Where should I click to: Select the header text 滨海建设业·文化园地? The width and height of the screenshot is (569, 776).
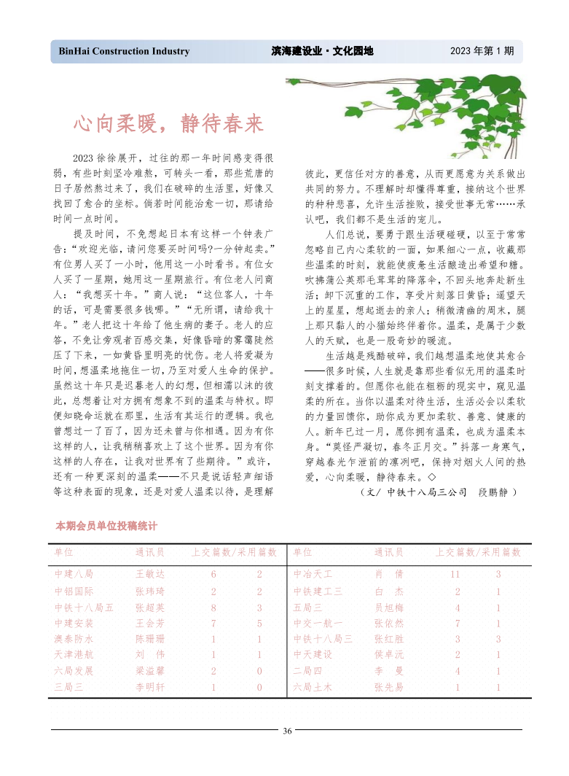[322, 52]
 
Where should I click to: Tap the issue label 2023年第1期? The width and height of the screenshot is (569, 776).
[482, 52]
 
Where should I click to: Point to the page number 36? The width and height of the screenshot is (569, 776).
[288, 731]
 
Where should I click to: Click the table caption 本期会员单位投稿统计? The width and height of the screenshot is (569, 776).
[106, 525]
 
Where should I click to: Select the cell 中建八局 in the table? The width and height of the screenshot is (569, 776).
[74, 575]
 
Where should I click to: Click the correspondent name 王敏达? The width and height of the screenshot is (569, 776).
[150, 575]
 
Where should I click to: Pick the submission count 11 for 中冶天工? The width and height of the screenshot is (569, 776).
[455, 575]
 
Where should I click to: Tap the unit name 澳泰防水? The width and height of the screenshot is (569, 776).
[74, 639]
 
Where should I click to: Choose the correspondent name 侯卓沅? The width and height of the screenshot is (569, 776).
[388, 655]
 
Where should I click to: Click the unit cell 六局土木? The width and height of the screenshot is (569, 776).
[313, 687]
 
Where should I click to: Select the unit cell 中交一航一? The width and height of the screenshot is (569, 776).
[318, 623]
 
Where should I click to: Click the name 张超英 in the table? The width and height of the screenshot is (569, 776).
[150, 607]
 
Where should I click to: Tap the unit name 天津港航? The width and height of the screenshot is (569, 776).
[74, 655]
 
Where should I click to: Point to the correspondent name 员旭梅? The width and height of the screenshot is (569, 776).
[388, 607]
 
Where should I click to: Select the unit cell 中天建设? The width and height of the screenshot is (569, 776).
[313, 655]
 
